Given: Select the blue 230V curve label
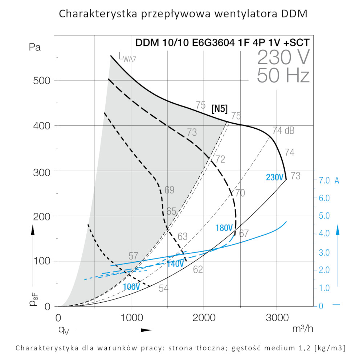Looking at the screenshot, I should point(274,178).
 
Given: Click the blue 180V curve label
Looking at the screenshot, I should point(224,228).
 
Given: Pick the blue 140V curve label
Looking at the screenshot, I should point(175,264).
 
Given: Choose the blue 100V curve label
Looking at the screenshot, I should point(131,287).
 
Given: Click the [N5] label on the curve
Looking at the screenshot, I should point(220,108).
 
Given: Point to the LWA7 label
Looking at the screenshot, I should point(127,57).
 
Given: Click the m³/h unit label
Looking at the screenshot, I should point(302,329).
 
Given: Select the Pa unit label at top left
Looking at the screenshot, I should point(34,47).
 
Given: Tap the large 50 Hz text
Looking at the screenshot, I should point(283,76).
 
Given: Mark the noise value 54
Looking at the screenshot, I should point(163,289).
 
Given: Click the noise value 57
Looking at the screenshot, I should point(133,256).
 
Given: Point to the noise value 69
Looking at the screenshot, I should point(169,190).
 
